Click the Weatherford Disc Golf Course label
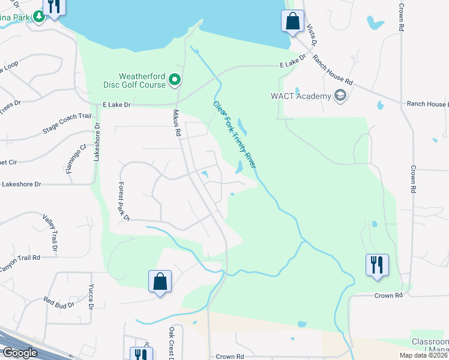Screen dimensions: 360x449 click(142, 80)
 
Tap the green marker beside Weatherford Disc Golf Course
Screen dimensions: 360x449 click(175, 79)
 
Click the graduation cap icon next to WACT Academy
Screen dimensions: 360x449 click(340, 95)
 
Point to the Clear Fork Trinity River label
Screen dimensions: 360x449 click(235, 134)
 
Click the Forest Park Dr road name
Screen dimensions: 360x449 click(124, 202)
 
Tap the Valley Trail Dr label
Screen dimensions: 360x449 click(49, 233)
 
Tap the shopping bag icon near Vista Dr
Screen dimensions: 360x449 click(292, 22)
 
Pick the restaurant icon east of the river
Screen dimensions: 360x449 click(377, 265)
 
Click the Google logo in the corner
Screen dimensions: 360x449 click(19, 353)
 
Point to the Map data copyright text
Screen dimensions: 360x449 click(423, 355)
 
